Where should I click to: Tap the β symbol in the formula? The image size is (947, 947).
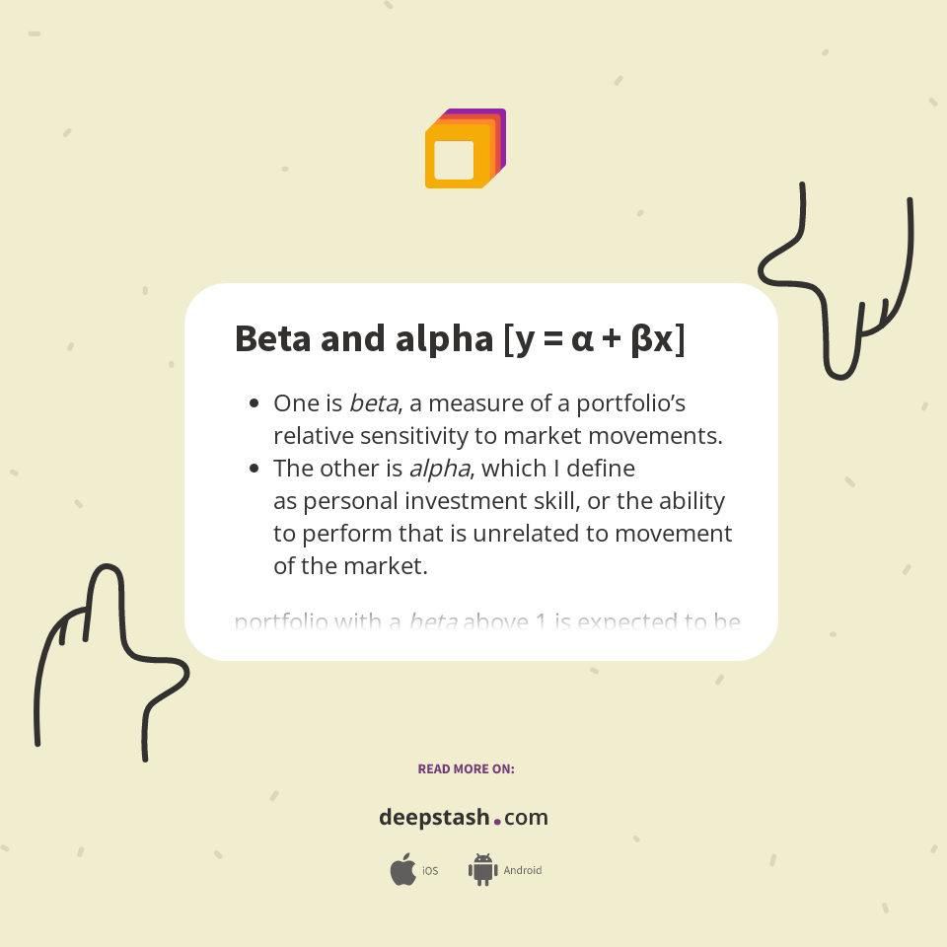coord(641,338)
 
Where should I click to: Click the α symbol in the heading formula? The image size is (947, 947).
coord(582,338)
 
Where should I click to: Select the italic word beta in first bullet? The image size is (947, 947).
coord(374,403)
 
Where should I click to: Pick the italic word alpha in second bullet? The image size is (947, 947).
coord(439,469)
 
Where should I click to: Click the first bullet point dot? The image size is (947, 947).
coord(255,403)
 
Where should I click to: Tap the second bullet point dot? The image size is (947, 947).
coord(255,469)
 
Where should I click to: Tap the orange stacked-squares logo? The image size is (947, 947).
coord(464,149)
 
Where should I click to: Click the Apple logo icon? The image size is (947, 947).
coord(402,870)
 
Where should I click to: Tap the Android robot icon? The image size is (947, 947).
coord(482,870)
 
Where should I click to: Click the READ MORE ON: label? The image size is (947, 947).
coord(466,768)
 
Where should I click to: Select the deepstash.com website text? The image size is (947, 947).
coord(464,818)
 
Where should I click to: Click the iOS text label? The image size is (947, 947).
coord(430,871)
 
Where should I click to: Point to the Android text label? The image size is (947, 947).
coord(523,871)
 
